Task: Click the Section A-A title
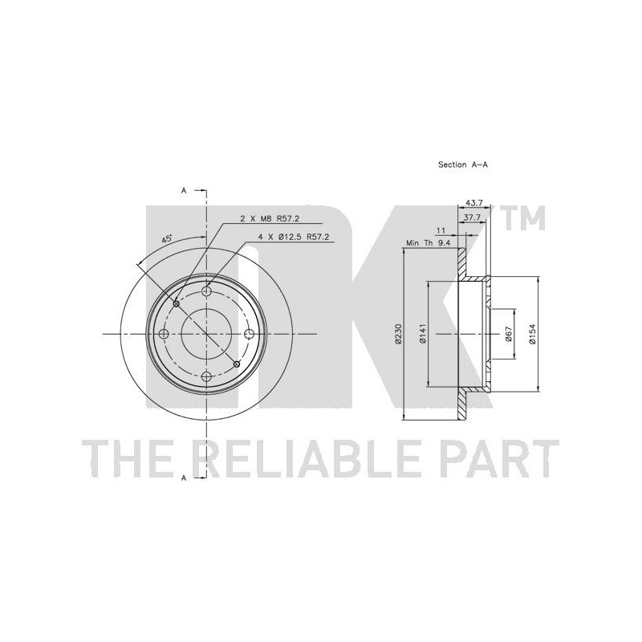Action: pos(463,165)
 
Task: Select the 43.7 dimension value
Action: pos(475,203)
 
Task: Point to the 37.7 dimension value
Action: pos(473,217)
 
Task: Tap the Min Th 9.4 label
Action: pos(429,243)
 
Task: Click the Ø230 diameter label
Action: pos(399,334)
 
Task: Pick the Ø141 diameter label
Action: pos(423,334)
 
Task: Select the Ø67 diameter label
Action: pos(509,334)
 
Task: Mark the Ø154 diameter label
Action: pos(532,334)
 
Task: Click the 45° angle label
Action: pos(167,238)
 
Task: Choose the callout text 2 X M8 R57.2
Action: pos(270,218)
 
